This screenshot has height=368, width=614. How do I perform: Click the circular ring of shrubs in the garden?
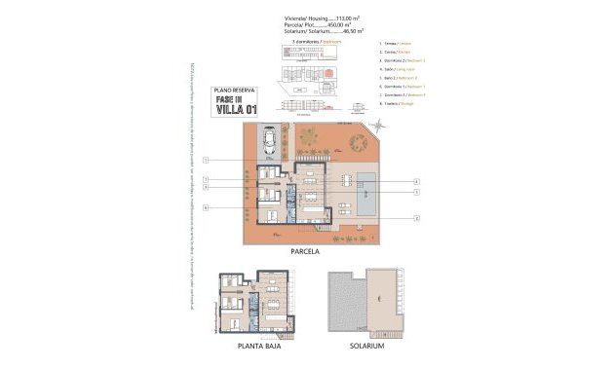309,136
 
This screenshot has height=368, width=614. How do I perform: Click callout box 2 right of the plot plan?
416,217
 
